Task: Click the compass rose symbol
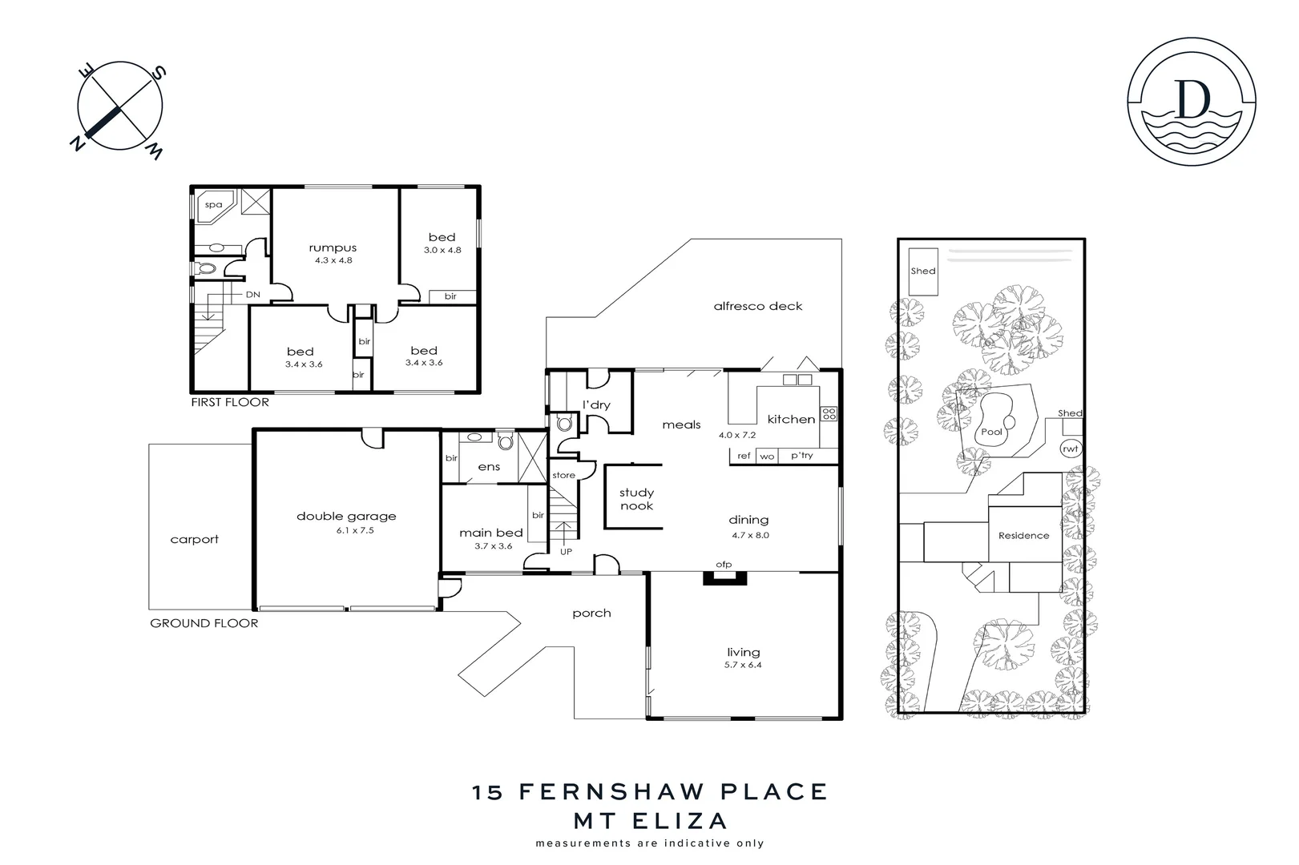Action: point(120,107)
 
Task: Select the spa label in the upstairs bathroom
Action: point(213,205)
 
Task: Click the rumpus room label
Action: point(333,248)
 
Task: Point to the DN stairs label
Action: point(253,295)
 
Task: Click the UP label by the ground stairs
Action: point(566,552)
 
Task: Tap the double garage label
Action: point(346,517)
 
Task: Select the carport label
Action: point(194,540)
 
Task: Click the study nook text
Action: point(636,499)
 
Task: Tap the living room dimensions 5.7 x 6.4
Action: point(744,665)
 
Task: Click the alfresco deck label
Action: point(757,306)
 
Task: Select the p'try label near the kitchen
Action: point(801,456)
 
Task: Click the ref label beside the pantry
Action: point(744,456)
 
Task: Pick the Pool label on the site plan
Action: point(991,432)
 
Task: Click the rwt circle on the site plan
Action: point(1071,449)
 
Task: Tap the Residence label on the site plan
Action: point(1023,536)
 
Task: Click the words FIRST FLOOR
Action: point(229,402)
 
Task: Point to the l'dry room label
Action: point(596,405)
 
